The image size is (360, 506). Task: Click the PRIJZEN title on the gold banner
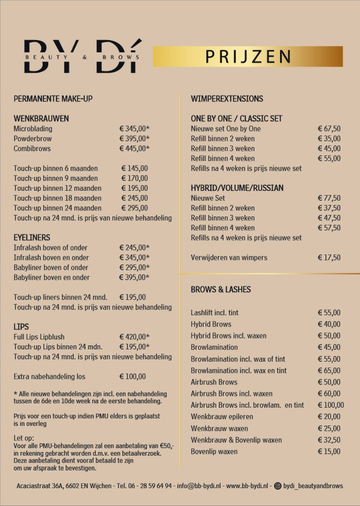(x=248, y=57)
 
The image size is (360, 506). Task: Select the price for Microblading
(x=134, y=128)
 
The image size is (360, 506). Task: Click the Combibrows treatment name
(x=32, y=148)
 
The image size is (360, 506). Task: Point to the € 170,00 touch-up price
(x=134, y=178)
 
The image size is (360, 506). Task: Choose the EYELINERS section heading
(x=32, y=238)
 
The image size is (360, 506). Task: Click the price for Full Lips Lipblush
(x=134, y=337)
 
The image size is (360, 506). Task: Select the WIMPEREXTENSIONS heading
(x=227, y=99)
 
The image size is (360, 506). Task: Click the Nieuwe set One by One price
(x=329, y=128)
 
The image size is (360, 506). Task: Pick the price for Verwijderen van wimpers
(x=329, y=257)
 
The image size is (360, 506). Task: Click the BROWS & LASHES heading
(x=221, y=290)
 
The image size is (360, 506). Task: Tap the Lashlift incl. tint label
(x=215, y=313)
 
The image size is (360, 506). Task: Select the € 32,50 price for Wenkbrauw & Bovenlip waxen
(x=329, y=440)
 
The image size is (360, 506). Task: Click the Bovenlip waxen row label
(x=214, y=451)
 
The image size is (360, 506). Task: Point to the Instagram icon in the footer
(x=278, y=486)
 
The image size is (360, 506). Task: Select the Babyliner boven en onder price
(x=134, y=277)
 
